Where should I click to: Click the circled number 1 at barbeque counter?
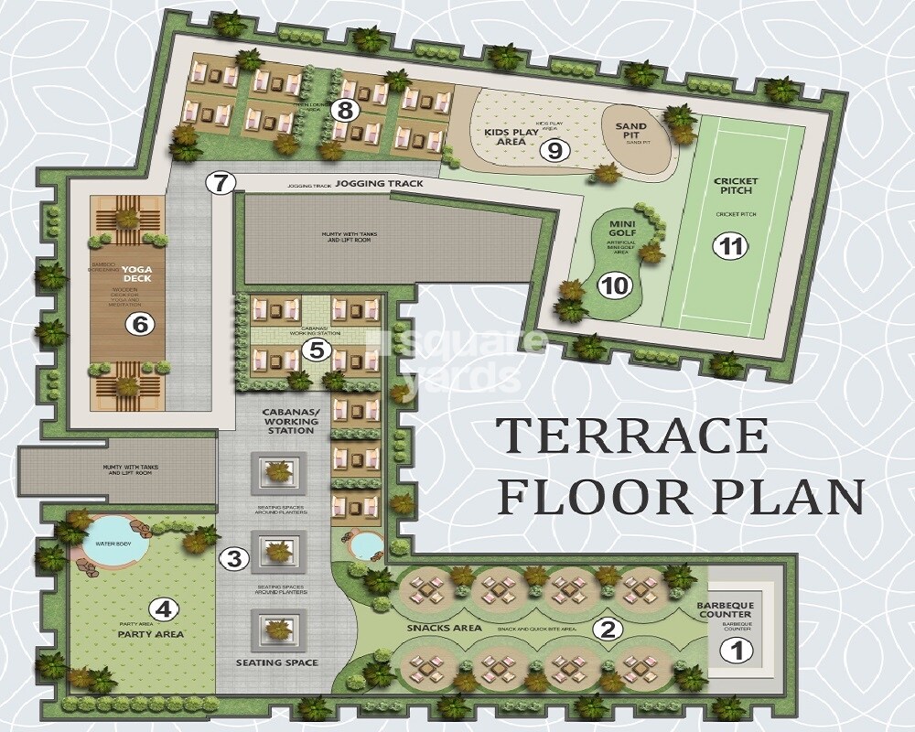[734, 651]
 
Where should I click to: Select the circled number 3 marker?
[235, 557]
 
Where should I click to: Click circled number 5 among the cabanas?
[317, 350]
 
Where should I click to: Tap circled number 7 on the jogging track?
[218, 182]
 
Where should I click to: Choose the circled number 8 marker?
[345, 111]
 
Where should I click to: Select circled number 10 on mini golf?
[616, 285]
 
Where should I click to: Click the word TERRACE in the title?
[632, 435]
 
